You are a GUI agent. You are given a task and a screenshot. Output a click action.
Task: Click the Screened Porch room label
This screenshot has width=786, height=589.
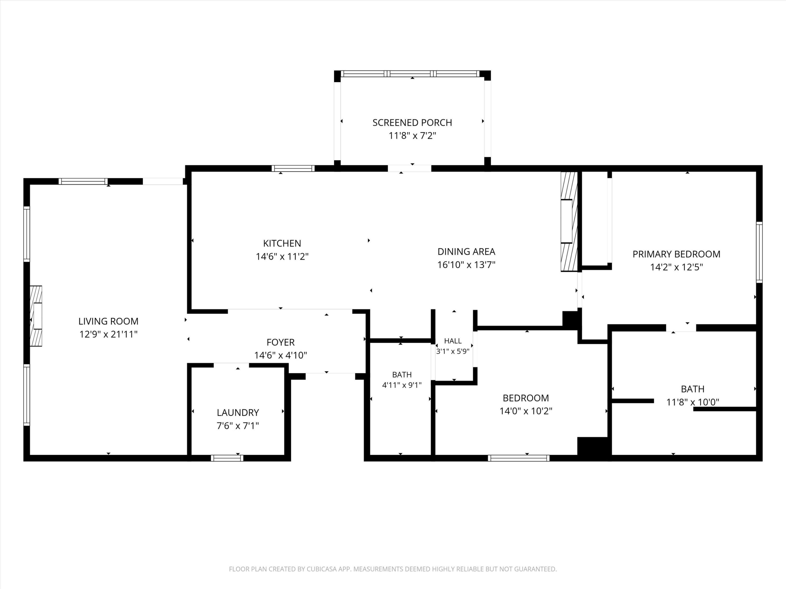[x=412, y=122]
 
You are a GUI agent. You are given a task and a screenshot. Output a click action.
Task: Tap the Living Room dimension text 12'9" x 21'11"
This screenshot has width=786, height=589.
[x=108, y=334]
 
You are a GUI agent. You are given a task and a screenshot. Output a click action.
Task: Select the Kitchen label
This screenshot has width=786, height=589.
[x=282, y=243]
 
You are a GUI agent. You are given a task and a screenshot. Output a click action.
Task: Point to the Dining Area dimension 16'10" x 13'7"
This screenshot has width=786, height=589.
[x=466, y=264]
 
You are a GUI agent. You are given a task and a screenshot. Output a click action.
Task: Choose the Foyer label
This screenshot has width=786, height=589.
[x=281, y=342]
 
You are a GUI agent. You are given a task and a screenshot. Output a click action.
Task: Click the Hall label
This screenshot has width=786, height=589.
[x=453, y=341]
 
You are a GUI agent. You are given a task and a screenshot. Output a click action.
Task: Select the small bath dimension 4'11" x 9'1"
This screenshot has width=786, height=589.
[x=402, y=385]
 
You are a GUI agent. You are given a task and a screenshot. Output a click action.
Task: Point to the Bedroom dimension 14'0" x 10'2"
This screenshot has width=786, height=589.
[x=526, y=411]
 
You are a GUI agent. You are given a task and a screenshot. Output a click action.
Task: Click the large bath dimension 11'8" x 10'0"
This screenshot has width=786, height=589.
[x=693, y=402]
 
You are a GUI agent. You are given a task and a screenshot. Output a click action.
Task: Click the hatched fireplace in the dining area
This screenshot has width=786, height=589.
[x=569, y=221]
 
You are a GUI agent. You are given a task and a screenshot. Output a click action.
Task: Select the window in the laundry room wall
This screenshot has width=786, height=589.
[x=227, y=458]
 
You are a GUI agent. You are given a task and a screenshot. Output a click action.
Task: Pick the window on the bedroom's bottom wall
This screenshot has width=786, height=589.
[x=519, y=458]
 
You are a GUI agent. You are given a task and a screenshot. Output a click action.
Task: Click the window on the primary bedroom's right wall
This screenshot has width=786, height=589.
[x=759, y=252]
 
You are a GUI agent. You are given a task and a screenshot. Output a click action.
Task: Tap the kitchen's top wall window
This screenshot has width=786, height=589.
[x=293, y=168]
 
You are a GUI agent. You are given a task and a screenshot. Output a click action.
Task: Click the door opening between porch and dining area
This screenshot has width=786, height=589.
[x=409, y=168]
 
